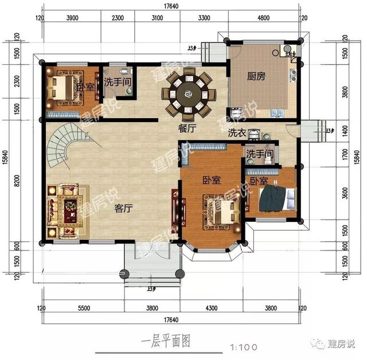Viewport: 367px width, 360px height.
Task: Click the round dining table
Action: (188, 92)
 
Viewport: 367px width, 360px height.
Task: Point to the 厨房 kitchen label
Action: (255, 75)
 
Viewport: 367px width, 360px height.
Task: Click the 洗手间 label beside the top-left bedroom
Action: (119, 83)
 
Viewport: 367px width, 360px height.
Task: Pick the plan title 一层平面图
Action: (165, 341)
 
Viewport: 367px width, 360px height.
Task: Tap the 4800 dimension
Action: (263, 18)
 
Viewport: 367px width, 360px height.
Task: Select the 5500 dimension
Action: (84, 308)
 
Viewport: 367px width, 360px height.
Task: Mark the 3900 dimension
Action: (72, 18)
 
